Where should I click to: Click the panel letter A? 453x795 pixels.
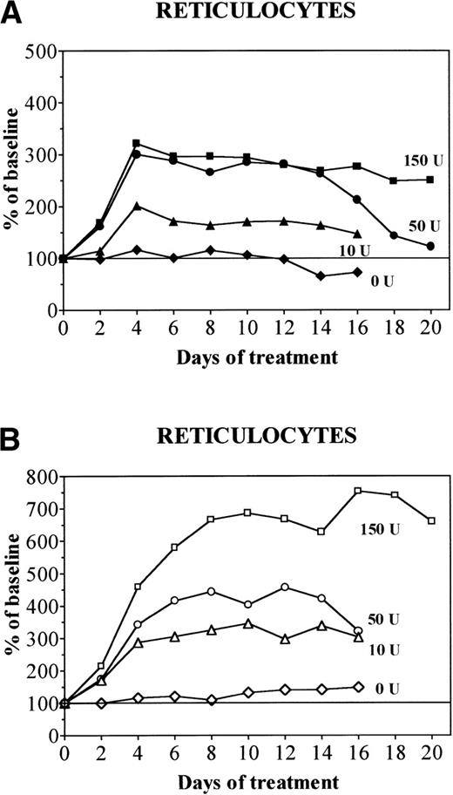tap(11, 12)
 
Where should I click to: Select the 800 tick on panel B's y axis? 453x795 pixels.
tap(42, 477)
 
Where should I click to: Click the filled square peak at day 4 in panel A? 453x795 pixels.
tap(136, 144)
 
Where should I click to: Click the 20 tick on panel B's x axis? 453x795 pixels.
tap(431, 752)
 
